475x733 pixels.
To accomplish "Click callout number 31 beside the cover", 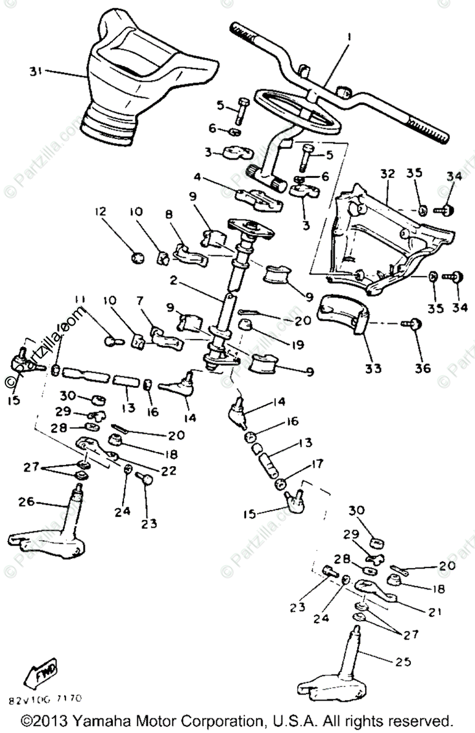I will (x=35, y=71).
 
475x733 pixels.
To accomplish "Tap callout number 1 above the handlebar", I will (x=349, y=37).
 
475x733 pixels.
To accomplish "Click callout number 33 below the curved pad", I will (x=373, y=368).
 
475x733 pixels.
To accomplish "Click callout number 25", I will (x=404, y=662).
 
